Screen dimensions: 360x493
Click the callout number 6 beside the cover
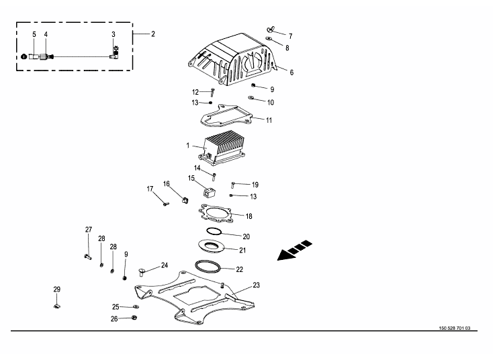point(292,72)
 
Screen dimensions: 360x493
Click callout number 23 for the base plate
point(257,285)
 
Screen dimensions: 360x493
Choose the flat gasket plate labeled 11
point(226,117)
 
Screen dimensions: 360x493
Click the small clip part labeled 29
point(57,307)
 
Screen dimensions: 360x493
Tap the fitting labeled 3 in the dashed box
point(114,54)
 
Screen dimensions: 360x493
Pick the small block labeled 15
point(208,193)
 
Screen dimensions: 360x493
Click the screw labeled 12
point(212,92)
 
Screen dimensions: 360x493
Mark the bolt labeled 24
point(142,272)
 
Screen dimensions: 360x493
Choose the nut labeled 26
point(133,318)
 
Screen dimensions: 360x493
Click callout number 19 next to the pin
point(255,184)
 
